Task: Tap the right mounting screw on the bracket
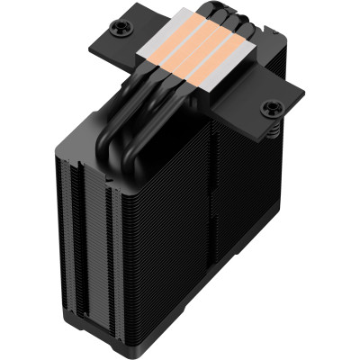[x=268, y=109]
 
